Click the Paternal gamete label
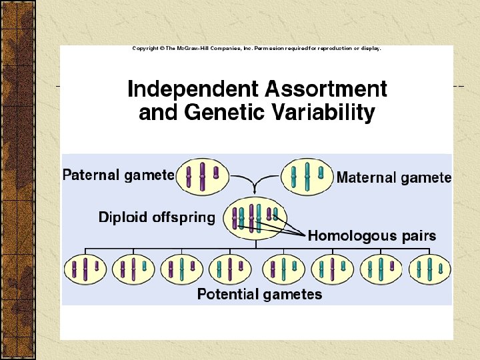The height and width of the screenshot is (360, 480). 119,175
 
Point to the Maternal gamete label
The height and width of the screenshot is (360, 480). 394,178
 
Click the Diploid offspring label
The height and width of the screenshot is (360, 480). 157,217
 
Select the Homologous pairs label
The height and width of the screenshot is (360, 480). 372,235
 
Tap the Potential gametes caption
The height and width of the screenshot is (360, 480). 259,294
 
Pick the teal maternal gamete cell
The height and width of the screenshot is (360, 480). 307,176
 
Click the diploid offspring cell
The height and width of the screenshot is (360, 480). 255,217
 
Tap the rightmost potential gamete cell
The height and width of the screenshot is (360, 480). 430,269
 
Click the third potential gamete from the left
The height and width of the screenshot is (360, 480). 182,269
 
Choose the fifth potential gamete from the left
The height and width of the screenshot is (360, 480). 284,269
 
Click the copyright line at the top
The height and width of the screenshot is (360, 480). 257,49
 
